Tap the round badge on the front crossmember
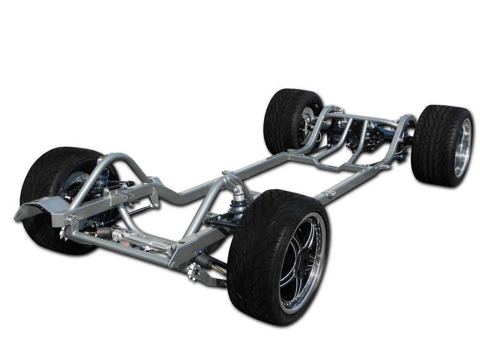pos(71,217)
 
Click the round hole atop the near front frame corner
pos(180,243)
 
